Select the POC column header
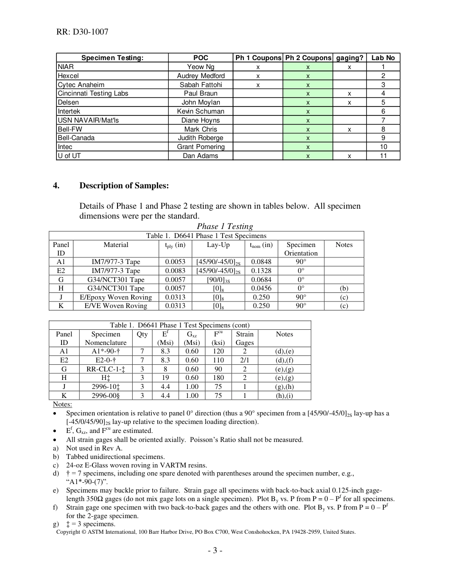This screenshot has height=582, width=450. [201, 58]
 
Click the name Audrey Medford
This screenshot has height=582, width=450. [201, 76]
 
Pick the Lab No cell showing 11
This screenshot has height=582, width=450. [383, 156]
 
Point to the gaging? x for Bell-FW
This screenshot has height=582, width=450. [350, 129]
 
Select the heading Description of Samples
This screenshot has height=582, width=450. [124, 185]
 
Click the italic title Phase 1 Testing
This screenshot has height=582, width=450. [225, 226]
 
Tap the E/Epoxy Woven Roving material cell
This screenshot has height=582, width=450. [116, 297]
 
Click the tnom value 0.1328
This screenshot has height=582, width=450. [261, 271]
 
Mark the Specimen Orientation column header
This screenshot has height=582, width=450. [301, 249]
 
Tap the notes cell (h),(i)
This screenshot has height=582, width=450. [284, 396]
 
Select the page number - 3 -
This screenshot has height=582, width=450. [215, 551]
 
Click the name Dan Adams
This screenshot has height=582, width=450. [201, 156]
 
